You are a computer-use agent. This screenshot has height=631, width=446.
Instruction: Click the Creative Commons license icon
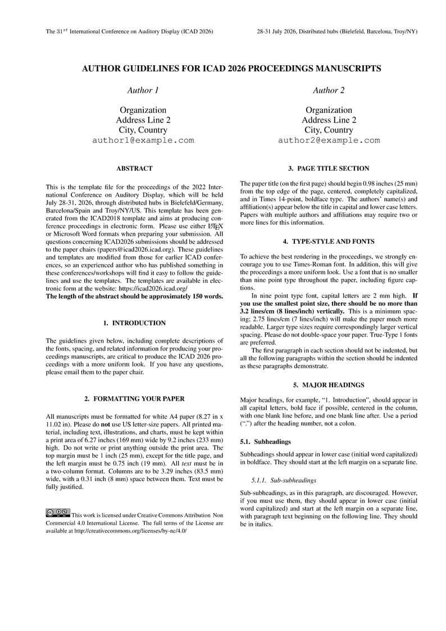pyautogui.click(x=58, y=512)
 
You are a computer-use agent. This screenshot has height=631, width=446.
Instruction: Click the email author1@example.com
pyautogui.click(x=143, y=140)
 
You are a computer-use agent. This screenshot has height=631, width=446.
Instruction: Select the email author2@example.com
pyautogui.click(x=329, y=140)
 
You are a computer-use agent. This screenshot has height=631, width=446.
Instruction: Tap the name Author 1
pyautogui.click(x=143, y=90)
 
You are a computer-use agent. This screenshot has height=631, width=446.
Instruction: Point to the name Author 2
pyautogui.click(x=329, y=90)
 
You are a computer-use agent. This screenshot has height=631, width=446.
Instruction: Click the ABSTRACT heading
pyautogui.click(x=134, y=169)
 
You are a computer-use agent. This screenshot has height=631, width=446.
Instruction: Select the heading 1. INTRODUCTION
pyautogui.click(x=134, y=323)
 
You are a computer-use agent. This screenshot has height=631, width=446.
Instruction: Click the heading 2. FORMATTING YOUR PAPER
pyautogui.click(x=134, y=399)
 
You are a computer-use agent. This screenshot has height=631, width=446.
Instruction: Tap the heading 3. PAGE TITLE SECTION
pyautogui.click(x=329, y=169)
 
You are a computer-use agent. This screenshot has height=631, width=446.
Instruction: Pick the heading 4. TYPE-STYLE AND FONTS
pyautogui.click(x=329, y=242)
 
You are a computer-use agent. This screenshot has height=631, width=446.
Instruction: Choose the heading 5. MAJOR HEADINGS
pyautogui.click(x=329, y=385)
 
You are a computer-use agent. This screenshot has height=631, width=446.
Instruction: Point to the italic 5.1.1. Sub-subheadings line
pyautogui.click(x=284, y=480)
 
